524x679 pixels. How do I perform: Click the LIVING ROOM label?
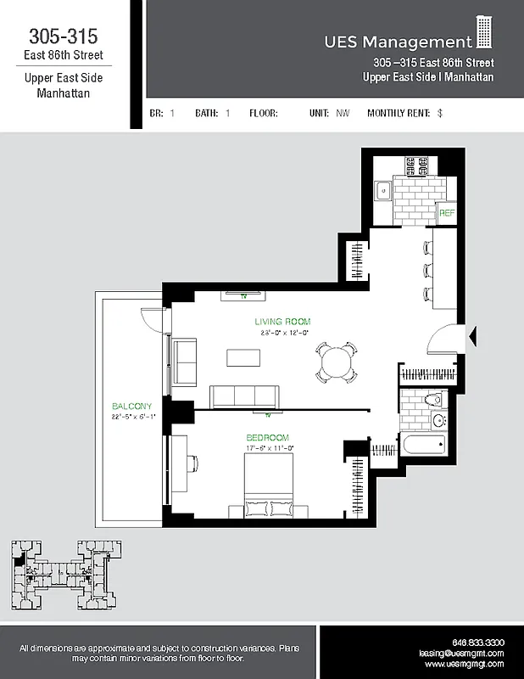[x=282, y=322]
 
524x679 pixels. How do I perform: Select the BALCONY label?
[x=131, y=406]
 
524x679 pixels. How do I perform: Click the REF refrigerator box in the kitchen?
[x=447, y=213]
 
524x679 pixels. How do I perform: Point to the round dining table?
[x=336, y=362]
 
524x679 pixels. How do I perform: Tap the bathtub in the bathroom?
[x=422, y=444]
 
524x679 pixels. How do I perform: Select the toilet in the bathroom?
[x=435, y=398]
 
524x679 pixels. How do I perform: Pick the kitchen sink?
[x=382, y=190]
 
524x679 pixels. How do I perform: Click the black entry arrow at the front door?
[x=473, y=337]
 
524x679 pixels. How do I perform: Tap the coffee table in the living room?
[x=244, y=357]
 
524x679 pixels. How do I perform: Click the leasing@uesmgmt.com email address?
[x=461, y=654]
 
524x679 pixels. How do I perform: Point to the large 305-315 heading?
[x=64, y=36]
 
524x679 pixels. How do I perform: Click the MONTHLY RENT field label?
[x=399, y=113]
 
